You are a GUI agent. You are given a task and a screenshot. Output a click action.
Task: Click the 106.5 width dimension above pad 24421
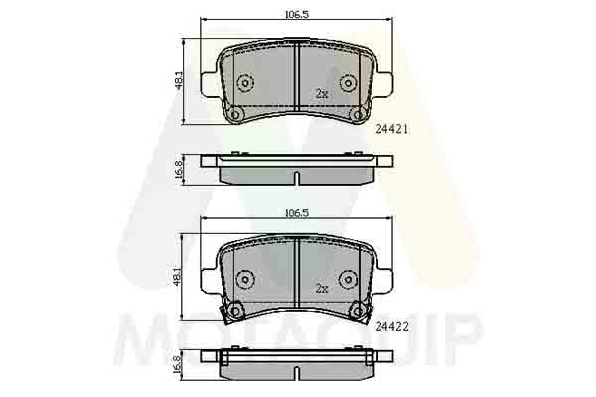pyautogui.click(x=297, y=15)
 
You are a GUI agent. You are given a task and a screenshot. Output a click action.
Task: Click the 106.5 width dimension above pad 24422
pyautogui.click(x=297, y=213)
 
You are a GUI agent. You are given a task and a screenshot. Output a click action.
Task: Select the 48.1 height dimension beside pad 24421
pyautogui.click(x=178, y=80)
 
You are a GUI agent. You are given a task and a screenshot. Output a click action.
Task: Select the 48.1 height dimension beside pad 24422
pyautogui.click(x=178, y=277)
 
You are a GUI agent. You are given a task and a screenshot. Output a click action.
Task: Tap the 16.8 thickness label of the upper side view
pyautogui.click(x=178, y=170)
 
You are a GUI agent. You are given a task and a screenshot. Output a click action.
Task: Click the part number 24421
pyautogui.click(x=392, y=129)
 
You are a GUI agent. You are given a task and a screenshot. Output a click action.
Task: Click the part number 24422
pyautogui.click(x=392, y=326)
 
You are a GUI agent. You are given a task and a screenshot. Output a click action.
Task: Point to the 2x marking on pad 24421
pyautogui.click(x=322, y=94)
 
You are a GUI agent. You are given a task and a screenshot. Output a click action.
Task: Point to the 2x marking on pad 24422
pyautogui.click(x=322, y=289)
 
